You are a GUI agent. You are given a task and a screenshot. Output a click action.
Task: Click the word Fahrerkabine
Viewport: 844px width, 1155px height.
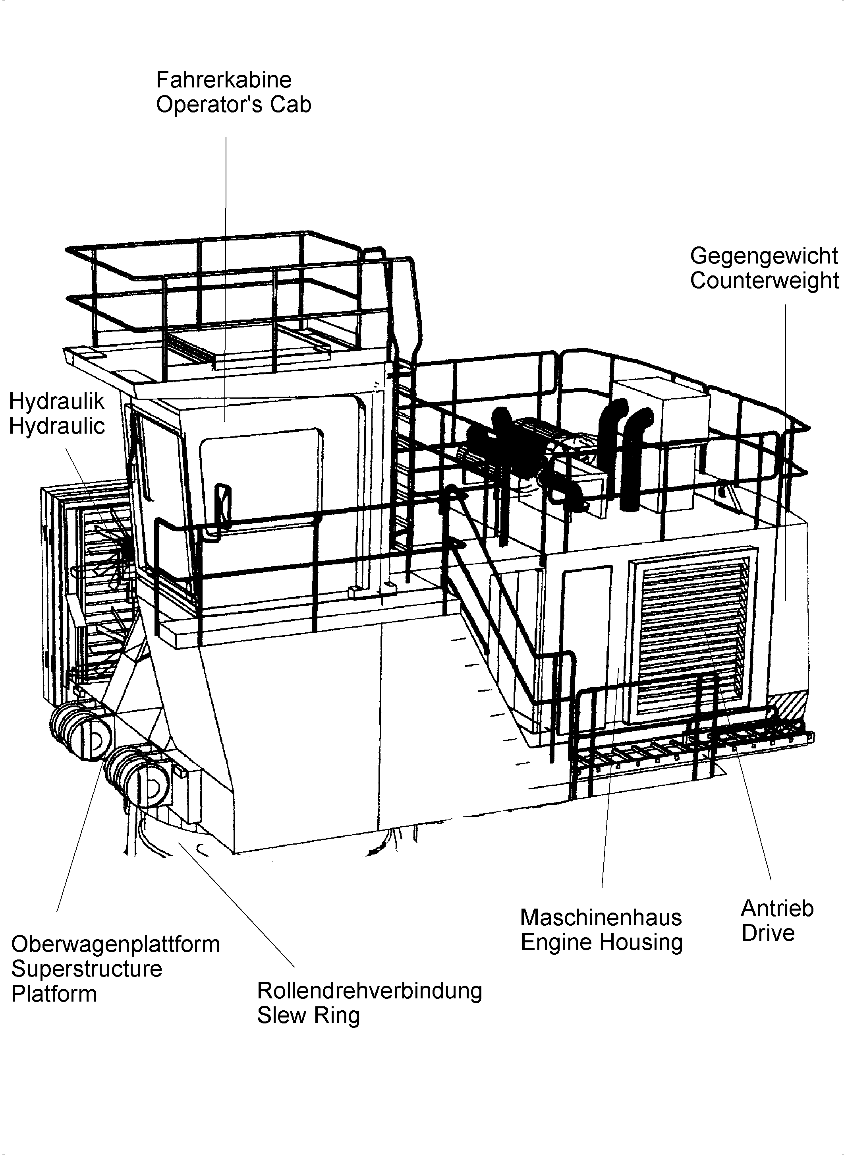point(223,80)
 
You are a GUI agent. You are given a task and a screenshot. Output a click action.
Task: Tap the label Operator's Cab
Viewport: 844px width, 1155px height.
point(233,105)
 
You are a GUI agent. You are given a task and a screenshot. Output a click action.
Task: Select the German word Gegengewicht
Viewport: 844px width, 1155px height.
point(764,256)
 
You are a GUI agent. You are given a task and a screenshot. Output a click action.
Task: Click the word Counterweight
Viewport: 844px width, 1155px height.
point(764,281)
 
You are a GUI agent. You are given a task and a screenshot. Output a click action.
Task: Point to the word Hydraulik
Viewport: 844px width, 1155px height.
point(57,402)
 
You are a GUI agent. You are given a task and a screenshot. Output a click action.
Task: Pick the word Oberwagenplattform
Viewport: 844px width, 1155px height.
point(116,944)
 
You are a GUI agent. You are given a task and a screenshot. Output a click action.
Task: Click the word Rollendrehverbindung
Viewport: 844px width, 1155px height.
point(369,991)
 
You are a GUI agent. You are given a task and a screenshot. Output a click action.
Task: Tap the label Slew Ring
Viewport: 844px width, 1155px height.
point(308,1016)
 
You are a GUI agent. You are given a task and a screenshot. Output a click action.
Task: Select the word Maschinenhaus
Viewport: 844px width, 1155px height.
point(601,918)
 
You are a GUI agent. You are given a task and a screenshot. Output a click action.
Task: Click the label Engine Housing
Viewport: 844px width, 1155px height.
point(601,942)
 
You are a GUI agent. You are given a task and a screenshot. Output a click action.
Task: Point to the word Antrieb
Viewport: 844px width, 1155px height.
point(776,909)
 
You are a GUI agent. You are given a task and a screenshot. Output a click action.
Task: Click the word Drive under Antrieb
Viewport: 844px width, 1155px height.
point(768,934)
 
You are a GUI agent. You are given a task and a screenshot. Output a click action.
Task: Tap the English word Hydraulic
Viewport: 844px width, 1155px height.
point(57,426)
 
